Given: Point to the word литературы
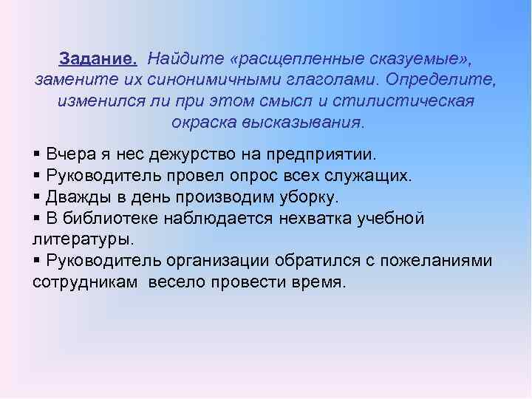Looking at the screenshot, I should (x=83, y=240).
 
